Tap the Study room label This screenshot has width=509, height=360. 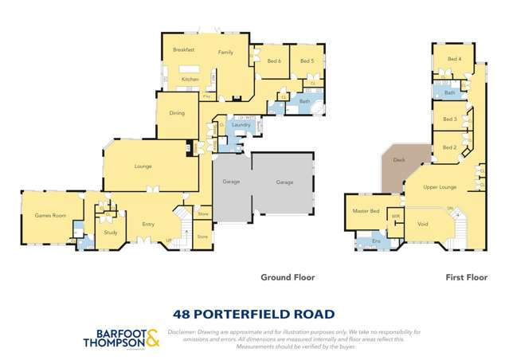click(111, 233)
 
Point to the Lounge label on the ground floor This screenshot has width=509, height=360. click(143, 166)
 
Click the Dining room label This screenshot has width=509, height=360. click(177, 113)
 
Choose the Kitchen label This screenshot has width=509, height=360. click(189, 79)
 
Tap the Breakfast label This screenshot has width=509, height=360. click(184, 49)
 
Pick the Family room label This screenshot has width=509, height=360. click(226, 51)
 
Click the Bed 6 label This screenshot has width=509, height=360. click(274, 61)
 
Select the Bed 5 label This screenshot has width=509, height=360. click(307, 61)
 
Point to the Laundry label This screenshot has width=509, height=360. click(242, 125)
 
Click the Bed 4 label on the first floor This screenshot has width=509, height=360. click(454, 59)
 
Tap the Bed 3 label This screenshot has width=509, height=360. click(449, 119)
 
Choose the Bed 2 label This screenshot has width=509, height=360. click(449, 147)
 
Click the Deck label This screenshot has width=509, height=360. click(399, 159)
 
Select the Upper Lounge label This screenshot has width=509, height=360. click(440, 186)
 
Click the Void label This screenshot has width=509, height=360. click(423, 225)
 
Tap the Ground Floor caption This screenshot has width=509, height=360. click(288, 278)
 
